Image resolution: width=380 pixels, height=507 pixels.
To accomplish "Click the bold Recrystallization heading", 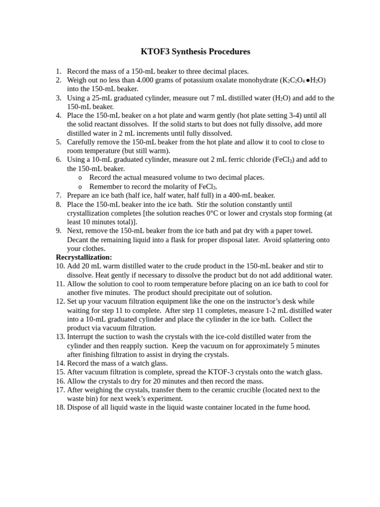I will coord(84,257).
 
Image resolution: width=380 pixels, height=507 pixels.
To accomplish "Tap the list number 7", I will coord(58,196).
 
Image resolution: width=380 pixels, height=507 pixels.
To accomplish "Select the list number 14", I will coord(60,363).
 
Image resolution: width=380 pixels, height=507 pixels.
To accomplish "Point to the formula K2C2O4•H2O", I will coord(303,80).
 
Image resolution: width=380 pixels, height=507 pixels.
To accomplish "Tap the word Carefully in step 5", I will coord(82,142).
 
